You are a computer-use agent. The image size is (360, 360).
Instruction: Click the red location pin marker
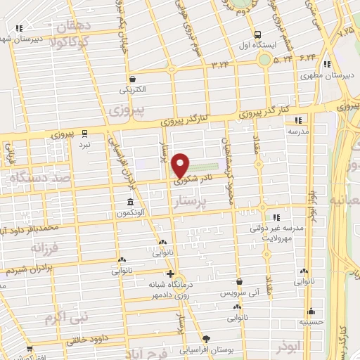point(181,165)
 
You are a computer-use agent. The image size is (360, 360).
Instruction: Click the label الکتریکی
point(134,90)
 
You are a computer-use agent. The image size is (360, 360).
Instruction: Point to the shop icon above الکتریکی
point(133,79)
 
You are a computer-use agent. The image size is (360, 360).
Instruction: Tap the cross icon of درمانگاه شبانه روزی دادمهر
point(169,274)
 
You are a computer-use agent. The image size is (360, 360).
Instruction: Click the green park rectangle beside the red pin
point(207,167)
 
